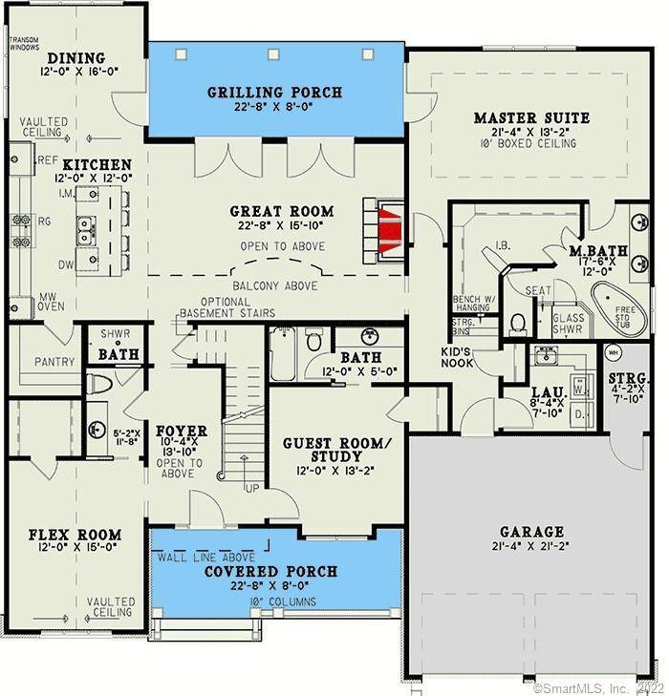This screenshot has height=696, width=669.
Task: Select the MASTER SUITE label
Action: pos(531,118)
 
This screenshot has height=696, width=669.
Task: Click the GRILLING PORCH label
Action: pos(274,93)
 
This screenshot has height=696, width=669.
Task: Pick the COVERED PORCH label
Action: pos(272,571)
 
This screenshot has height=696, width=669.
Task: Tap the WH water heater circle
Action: pos(613,351)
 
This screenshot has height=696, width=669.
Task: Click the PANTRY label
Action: pos(54,363)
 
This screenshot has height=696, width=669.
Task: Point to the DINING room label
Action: pos(76,57)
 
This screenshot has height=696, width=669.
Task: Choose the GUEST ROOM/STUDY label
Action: pos(336,451)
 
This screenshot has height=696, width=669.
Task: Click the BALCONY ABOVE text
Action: pos(275,285)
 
